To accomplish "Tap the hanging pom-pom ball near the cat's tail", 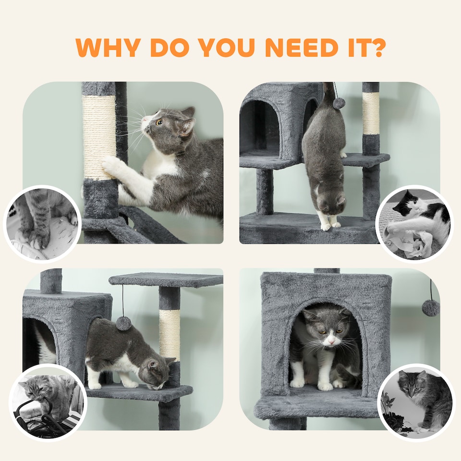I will coord(340,103).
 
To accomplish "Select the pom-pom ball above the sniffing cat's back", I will coord(124,323).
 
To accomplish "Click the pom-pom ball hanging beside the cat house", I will coord(431,307).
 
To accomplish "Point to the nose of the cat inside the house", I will coord(331,342).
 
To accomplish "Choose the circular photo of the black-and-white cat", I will coord(414,224).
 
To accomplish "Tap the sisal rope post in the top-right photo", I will coord(370,113).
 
